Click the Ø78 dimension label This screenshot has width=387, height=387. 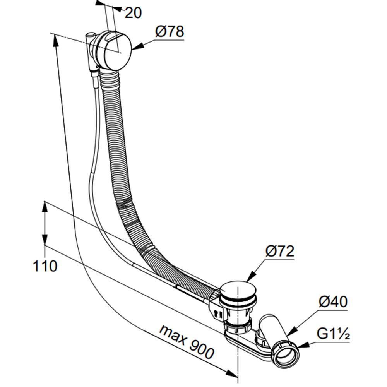[170, 31]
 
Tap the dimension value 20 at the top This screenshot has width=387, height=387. [133, 13]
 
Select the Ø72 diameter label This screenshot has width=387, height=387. [280, 251]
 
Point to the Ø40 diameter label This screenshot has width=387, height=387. [333, 301]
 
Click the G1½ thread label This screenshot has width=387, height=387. [333, 334]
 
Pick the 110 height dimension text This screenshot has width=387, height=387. [45, 266]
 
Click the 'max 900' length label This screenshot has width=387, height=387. [187, 342]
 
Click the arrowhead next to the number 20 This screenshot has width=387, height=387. [118, 9]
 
